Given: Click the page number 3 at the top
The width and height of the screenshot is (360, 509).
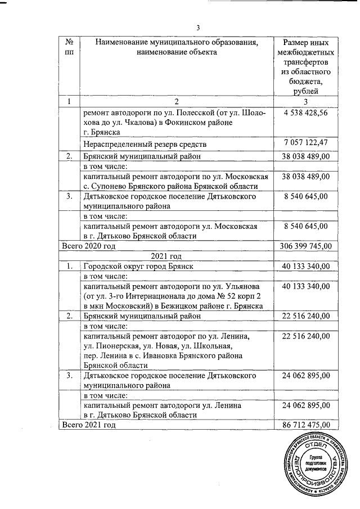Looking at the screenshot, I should pos(197,29).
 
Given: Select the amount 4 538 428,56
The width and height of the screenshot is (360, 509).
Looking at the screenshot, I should pos(307,112).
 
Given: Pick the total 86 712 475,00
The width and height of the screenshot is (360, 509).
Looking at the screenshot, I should pos(307,425).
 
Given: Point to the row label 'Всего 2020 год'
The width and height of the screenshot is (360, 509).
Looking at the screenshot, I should pos(89,246).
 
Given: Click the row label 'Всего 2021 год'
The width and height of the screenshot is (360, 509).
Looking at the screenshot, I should pos(89,425).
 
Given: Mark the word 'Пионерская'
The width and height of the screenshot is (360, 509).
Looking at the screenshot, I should pos(112,346).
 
